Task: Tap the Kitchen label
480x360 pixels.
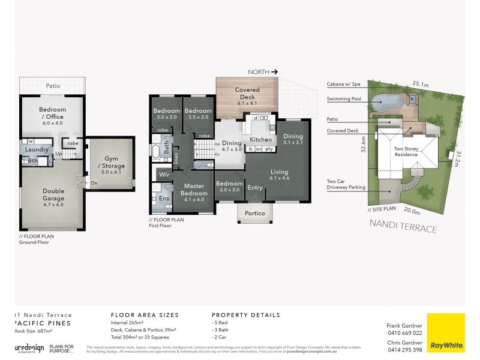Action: (x=260, y=139)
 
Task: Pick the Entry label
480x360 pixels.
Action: (x=255, y=188)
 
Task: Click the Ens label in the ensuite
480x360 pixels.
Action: (x=164, y=197)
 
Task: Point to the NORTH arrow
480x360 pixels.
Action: (x=263, y=72)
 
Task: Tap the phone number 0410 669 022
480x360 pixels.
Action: (x=406, y=332)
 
